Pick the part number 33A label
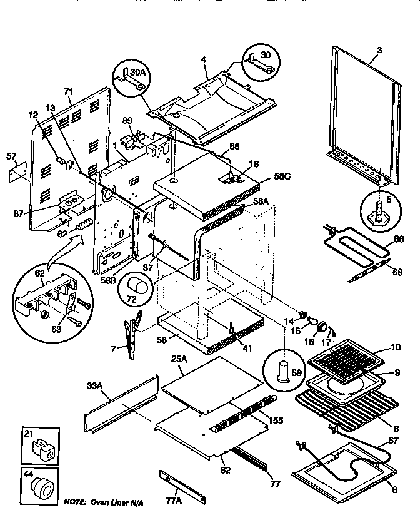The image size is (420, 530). tap(94, 386)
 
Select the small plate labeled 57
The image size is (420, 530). tap(16, 173)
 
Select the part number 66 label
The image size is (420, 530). tap(398, 238)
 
